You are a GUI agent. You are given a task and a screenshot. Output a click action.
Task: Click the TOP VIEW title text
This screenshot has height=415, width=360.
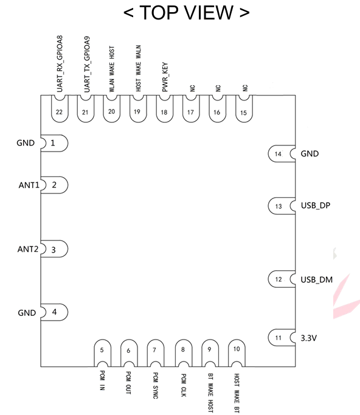tap(187, 12)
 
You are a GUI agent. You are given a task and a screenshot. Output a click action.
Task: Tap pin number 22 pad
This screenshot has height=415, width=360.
tap(60, 109)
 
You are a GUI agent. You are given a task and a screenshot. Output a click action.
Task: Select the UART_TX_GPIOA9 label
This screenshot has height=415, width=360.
tap(87, 65)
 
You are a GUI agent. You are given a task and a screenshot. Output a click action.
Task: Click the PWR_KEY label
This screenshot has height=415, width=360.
tap(165, 77)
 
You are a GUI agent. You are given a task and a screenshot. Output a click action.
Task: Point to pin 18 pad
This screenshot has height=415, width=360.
tap(165, 109)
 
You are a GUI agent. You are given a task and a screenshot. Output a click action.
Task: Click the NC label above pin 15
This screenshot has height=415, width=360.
tap(245, 88)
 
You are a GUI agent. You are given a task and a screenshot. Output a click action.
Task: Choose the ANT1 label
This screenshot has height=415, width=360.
tap(29, 185)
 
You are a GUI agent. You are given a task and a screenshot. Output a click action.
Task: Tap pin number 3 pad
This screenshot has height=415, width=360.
tap(55, 249)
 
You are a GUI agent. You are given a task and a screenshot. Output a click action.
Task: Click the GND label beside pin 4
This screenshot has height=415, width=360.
tap(27, 313)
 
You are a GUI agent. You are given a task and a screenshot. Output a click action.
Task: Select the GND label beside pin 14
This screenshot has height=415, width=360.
tap(310, 154)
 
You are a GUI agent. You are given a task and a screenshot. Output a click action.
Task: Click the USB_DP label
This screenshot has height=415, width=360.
tap(316, 206)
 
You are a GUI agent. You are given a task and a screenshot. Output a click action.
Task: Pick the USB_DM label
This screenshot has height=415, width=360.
tap(317, 280)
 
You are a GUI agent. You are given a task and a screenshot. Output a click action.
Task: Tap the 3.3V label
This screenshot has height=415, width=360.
tap(309, 338)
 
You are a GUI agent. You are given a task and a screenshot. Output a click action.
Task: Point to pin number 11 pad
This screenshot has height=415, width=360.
tap(282, 338)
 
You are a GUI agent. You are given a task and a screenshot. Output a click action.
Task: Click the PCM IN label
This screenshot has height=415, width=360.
tap(102, 380)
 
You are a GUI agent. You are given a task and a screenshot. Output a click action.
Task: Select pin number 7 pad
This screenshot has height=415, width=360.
tap(156, 353)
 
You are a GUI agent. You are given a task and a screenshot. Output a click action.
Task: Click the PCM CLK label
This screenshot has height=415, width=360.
tap(183, 385)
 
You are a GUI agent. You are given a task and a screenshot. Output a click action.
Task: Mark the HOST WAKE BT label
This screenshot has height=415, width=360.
tap(237, 393)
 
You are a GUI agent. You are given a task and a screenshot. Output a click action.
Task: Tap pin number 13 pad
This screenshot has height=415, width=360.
tap(282, 206)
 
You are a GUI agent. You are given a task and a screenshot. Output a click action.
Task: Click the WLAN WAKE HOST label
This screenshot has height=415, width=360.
tap(112, 69)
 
